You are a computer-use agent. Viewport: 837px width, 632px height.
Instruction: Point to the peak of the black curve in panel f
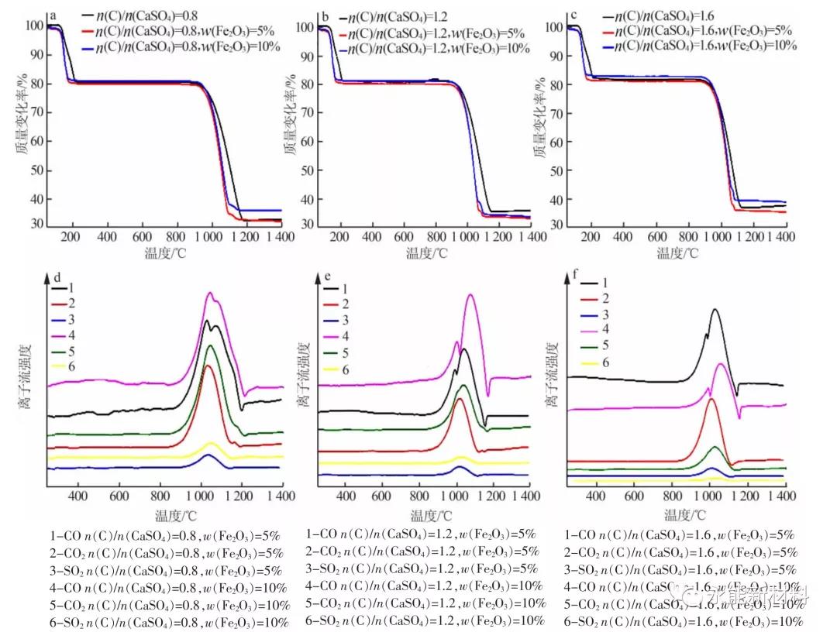tap(714, 310)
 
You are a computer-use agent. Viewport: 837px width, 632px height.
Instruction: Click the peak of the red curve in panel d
tap(208, 366)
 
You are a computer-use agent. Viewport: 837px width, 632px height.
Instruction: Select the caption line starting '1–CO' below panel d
tap(163, 534)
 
